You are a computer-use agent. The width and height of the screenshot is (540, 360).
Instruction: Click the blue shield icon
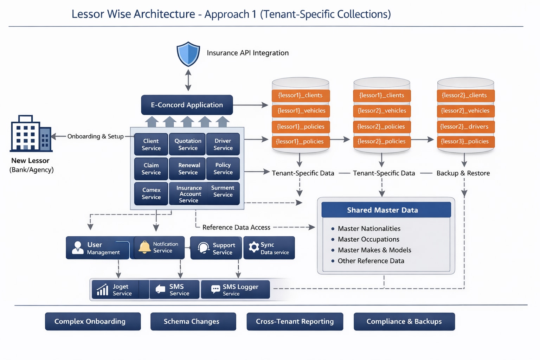(x=188, y=54)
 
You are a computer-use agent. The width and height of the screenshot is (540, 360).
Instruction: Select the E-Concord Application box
(x=187, y=105)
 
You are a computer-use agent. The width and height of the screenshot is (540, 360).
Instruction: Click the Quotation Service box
(x=188, y=144)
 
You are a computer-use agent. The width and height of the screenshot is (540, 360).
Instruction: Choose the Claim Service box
(x=151, y=169)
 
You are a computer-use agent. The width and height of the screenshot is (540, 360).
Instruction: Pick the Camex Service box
(x=151, y=193)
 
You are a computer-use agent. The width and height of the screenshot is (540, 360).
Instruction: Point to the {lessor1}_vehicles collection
(x=301, y=111)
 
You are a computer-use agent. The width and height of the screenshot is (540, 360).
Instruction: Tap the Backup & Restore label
(x=463, y=173)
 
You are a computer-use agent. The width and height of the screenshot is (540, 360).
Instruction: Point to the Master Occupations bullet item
(x=368, y=239)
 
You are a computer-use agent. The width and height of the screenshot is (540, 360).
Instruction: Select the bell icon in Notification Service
(x=144, y=247)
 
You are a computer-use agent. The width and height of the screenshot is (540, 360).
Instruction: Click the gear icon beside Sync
(x=253, y=247)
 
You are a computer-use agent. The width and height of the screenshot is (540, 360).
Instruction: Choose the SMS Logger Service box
(x=236, y=290)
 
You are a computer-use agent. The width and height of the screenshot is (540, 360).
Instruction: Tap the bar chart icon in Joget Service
(x=103, y=290)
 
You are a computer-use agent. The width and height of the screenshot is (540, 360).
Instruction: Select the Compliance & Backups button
(x=404, y=321)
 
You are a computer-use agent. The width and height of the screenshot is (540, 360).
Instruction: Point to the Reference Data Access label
(x=236, y=227)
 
